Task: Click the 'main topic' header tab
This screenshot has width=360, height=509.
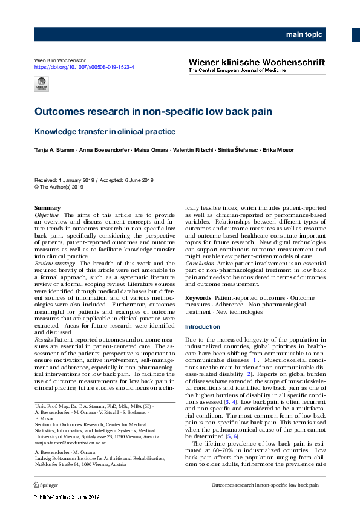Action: (304, 34)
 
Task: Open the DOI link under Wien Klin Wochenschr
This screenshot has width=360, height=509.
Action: (84, 67)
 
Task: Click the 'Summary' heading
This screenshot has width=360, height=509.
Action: (48, 208)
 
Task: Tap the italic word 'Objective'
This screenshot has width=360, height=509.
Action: (47, 215)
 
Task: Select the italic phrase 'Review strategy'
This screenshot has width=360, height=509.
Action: (54, 264)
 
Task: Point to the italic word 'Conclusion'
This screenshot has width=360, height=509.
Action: (200, 264)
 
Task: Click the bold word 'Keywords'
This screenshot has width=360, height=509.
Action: (198, 298)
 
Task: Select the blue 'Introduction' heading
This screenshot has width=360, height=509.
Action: (203, 327)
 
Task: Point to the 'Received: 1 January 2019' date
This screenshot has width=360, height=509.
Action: (62, 180)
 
